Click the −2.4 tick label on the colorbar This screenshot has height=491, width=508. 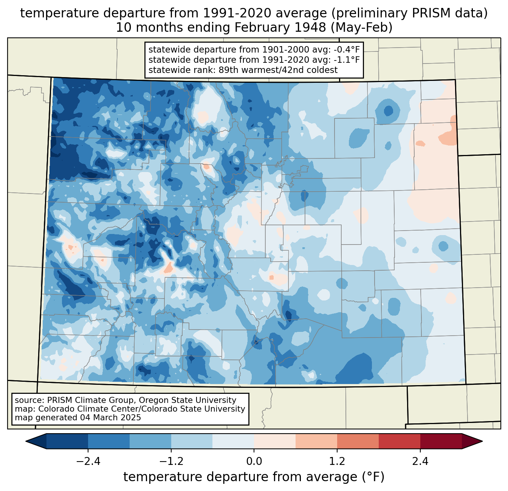[88, 462]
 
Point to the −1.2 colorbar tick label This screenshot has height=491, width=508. [171, 462]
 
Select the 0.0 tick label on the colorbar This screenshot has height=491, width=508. [254, 462]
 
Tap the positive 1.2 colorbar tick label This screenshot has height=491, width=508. [337, 462]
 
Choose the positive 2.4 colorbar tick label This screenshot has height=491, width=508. [420, 462]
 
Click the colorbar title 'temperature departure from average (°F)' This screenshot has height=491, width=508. [254, 477]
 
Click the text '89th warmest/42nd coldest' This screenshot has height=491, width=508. [278, 70]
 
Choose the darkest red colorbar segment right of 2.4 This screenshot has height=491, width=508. [441, 441]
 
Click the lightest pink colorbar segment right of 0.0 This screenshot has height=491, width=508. [275, 441]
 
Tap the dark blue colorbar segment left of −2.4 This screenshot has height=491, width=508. [67, 441]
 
